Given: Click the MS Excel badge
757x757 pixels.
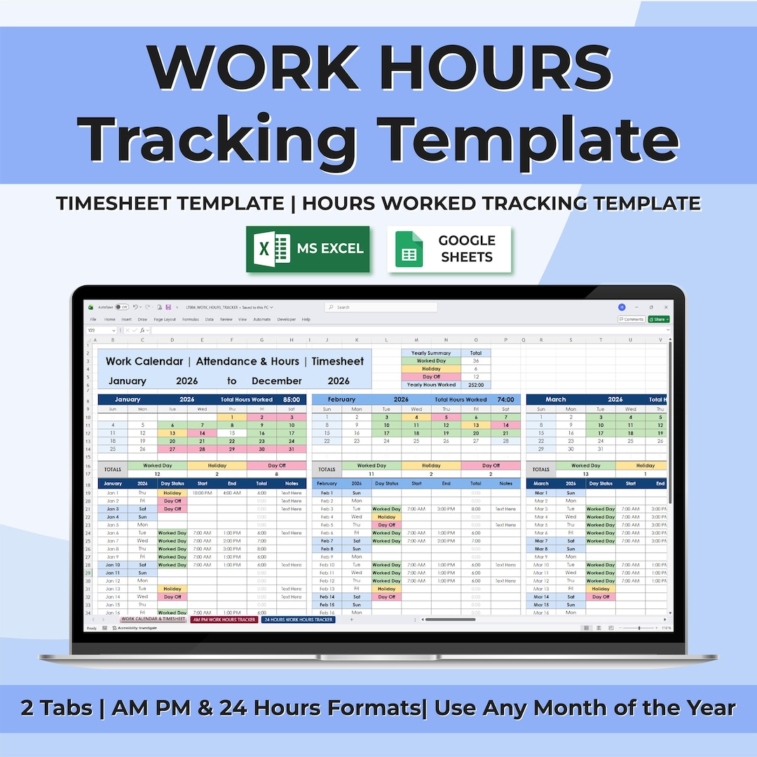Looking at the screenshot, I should (x=308, y=249).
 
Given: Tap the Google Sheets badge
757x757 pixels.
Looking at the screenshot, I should (x=449, y=249).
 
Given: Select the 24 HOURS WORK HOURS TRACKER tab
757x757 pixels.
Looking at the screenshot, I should (x=299, y=620).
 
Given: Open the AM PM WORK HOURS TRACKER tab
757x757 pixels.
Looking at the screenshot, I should (x=224, y=620).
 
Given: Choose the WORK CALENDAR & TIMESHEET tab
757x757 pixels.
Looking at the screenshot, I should (x=153, y=620).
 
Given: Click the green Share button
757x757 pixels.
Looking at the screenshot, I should (x=659, y=319).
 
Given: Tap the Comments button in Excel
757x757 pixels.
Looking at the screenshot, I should (x=632, y=319).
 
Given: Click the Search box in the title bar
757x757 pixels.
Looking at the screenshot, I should (x=381, y=307).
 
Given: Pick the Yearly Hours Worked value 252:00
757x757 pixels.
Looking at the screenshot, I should (x=476, y=385).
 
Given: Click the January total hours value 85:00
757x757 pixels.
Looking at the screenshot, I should (x=292, y=400).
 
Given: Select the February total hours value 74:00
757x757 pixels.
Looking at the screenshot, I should (x=505, y=400).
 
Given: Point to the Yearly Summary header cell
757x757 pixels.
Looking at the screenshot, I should (x=431, y=353).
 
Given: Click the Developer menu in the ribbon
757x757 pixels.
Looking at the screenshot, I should (x=286, y=319).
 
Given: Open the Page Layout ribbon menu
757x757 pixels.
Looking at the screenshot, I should (x=165, y=319).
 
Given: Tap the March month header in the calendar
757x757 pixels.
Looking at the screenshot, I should (x=555, y=400).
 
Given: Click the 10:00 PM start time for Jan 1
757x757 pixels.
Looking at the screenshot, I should (x=202, y=493).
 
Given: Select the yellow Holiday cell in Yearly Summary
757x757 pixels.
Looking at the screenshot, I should (x=431, y=369).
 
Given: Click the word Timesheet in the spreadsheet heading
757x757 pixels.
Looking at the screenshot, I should (x=338, y=362).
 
